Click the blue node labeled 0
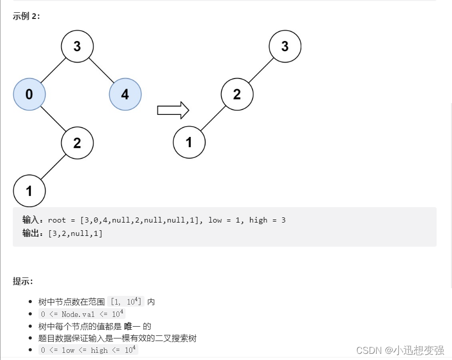point(29,94)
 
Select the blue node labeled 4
point(125,94)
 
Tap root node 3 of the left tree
point(77,47)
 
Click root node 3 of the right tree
point(284,47)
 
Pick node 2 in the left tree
point(77,143)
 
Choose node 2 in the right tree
point(237,94)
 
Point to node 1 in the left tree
point(29,191)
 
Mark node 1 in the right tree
point(189,143)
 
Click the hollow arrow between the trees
point(173,110)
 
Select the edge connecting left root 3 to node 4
point(101,70)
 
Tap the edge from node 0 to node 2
point(53,118)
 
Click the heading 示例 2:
point(26,16)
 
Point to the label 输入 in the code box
point(33,220)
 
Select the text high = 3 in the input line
point(267,220)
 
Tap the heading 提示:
point(23,281)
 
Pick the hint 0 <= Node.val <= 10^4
point(81,314)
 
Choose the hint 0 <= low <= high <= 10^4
point(88,350)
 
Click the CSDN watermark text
point(400,350)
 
